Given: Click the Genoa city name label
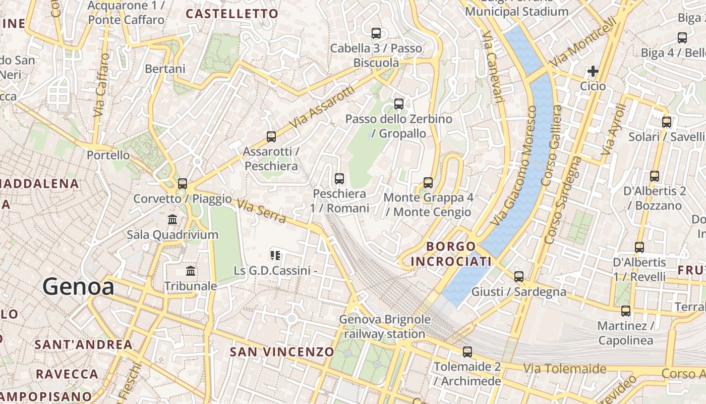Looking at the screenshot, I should pyautogui.click(x=78, y=287).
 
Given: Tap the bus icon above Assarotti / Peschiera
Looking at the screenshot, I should pyautogui.click(x=271, y=136).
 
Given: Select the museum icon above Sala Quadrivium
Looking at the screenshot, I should pyautogui.click(x=172, y=219).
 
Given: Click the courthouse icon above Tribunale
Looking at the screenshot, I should pyautogui.click(x=191, y=271).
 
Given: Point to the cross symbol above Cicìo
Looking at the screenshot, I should pyautogui.click(x=593, y=71).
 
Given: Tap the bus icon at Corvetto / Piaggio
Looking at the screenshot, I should pyautogui.click(x=183, y=183).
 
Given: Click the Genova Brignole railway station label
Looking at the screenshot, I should pyautogui.click(x=385, y=326).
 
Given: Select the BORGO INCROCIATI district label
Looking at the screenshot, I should pyautogui.click(x=451, y=254).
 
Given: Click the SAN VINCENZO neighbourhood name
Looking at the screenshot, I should pyautogui.click(x=282, y=352).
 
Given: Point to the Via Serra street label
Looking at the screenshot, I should pyautogui.click(x=261, y=212).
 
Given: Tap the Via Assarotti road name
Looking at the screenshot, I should pyautogui.click(x=322, y=107).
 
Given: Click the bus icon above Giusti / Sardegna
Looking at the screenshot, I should pyautogui.click(x=519, y=276).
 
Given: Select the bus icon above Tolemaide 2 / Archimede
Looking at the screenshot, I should pyautogui.click(x=467, y=351).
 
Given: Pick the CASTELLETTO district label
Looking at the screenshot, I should pyautogui.click(x=232, y=14).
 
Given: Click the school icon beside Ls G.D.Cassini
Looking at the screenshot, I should pyautogui.click(x=275, y=255).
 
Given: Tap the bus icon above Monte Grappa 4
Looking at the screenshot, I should pyautogui.click(x=428, y=182).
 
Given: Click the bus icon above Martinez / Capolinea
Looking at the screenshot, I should pyautogui.click(x=626, y=311).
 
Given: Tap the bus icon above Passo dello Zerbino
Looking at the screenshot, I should pyautogui.click(x=399, y=104).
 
